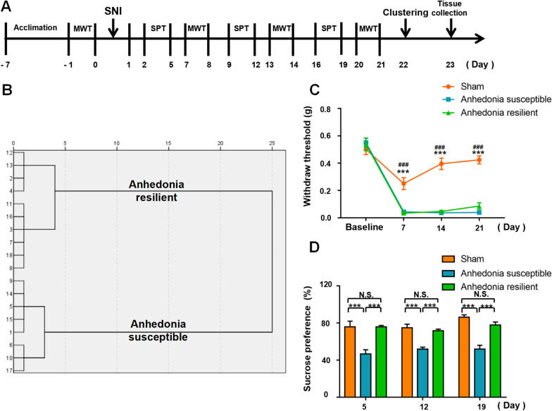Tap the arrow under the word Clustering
click(406, 28)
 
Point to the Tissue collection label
click(451, 11)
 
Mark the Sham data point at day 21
click(478, 160)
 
